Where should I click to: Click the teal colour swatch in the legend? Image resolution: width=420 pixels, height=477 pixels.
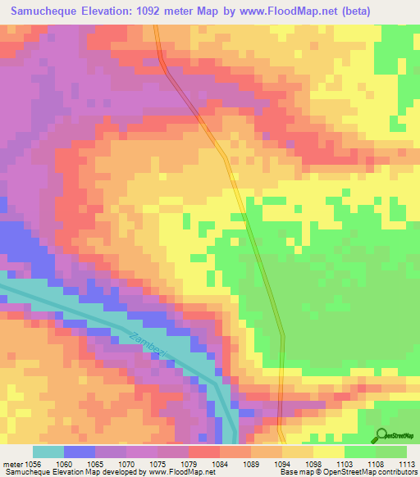pyautogui.click(x=48, y=452)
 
